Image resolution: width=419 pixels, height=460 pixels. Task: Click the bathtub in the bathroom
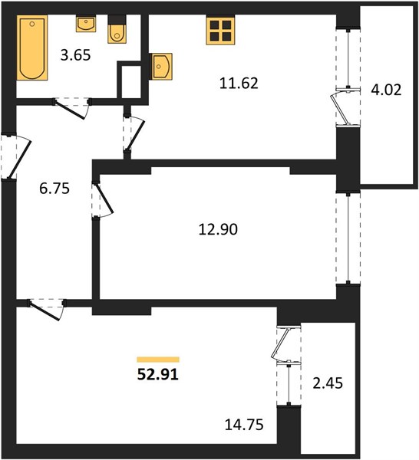coord(32,48)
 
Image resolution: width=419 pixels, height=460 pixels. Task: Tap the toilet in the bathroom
coord(117,30)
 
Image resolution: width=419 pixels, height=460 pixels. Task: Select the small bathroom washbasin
coord(86,24)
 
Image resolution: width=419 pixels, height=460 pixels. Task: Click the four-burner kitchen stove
coord(220,31)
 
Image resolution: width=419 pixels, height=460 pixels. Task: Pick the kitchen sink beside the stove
coord(160,66)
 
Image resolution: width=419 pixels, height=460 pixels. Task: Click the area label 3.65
coord(75,55)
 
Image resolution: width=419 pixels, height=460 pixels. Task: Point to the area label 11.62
coord(239,84)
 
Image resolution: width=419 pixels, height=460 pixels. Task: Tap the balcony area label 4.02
coord(386,90)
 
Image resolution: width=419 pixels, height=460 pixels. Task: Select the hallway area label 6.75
coord(54,189)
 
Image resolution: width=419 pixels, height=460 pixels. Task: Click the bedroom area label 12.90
coord(218,229)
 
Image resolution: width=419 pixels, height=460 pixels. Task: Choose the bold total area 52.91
coord(158,375)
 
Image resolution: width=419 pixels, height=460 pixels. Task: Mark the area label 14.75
coord(244,425)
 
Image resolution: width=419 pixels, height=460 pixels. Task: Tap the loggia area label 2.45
coord(328,383)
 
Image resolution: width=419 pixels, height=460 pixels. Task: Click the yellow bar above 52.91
coord(158,360)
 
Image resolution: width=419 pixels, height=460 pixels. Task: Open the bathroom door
coord(72,108)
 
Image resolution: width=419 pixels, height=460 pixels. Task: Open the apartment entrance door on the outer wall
coord(16,156)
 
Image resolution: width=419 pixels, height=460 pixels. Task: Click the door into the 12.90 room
coord(103,200)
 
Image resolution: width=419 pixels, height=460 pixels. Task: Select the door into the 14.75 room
coord(47,310)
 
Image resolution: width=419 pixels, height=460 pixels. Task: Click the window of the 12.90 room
coord(348,238)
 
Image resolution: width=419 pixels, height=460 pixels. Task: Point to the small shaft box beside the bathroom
coord(129,80)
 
